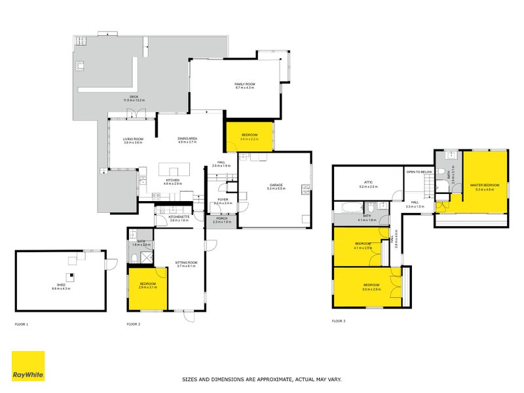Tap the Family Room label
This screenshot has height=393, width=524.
click(244, 85)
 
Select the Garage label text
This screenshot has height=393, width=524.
click(276, 185)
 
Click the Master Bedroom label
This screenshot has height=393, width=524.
click(485, 185)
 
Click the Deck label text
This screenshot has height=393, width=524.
click(134, 97)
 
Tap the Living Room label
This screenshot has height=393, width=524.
click(133, 139)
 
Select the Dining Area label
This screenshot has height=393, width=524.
click(187, 139)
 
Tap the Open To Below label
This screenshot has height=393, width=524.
click(419, 172)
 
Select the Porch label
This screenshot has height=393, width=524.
click(222, 219)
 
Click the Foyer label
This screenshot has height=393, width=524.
click(223, 200)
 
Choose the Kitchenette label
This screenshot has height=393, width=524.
click(179, 217)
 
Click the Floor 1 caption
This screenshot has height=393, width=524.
click(22, 324)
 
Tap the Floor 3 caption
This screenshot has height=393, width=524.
click(338, 321)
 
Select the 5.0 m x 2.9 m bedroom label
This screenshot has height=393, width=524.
click(371, 286)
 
